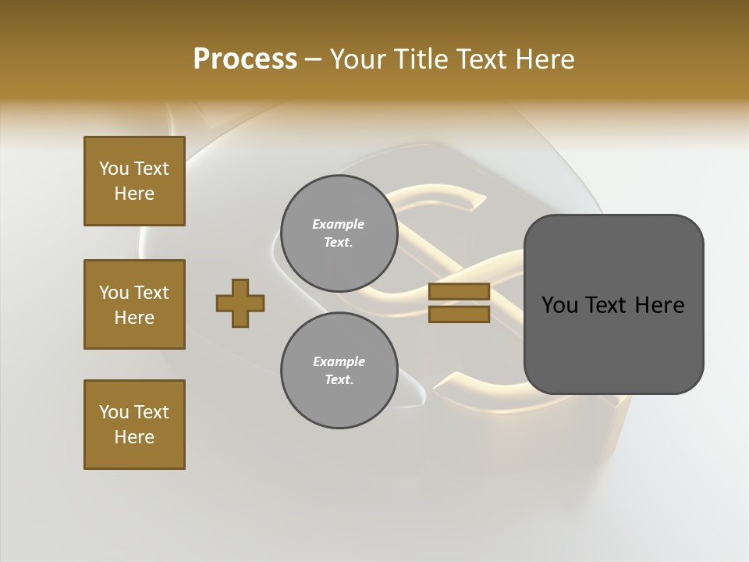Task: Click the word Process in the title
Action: click(245, 59)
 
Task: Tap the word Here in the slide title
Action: click(545, 59)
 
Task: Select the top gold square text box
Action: click(134, 181)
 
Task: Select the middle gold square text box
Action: click(134, 304)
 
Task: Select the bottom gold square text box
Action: click(134, 425)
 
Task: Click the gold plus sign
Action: click(240, 303)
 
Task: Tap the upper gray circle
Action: click(339, 233)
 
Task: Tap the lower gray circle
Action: click(339, 371)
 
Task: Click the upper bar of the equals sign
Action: click(459, 292)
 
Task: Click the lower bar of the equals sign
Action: click(459, 315)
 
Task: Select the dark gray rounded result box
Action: click(613, 304)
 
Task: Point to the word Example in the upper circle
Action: click(339, 224)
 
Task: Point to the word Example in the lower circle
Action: click(339, 361)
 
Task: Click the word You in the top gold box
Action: click(113, 169)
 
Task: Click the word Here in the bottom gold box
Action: click(134, 437)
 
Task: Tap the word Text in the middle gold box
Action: click(151, 293)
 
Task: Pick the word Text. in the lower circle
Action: click(339, 380)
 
